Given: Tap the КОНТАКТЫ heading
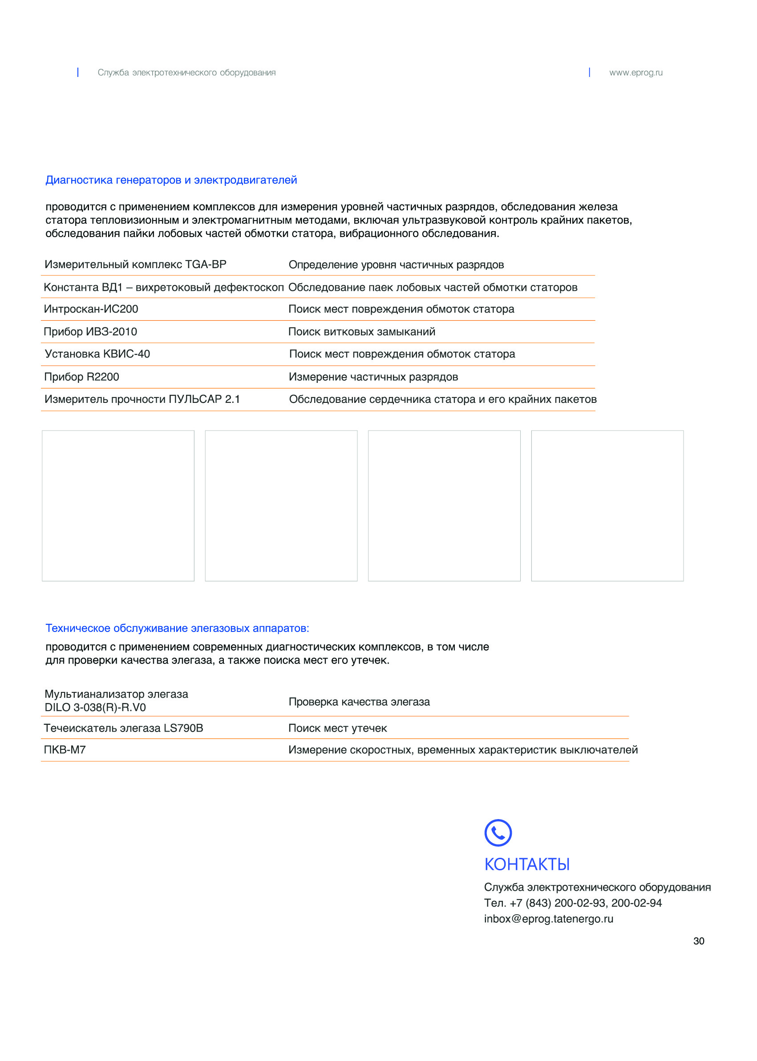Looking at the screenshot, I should coord(527,864).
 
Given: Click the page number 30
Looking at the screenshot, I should coord(698,941).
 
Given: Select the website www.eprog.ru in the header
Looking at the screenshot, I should coord(636,72).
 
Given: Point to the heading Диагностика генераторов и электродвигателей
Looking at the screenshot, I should coord(171,180).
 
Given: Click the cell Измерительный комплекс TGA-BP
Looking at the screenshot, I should coord(135,265).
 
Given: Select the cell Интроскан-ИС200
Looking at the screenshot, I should coord(91,309).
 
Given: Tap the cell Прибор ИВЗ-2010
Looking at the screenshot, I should coord(90,332).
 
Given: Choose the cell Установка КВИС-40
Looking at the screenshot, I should coord(97,354).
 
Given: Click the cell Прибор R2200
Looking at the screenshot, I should coord(81,377).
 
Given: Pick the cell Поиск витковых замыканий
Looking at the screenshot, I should coord(362,332).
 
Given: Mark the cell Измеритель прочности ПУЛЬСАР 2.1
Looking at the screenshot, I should coord(142,399).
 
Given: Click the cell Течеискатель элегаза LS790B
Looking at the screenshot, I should coord(124,728).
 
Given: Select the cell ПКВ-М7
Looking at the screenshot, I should coord(65,750).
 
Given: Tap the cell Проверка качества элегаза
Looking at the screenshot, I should coord(359,702).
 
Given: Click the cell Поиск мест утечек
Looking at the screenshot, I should coord(337,728).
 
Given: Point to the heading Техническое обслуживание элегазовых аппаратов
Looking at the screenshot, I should coord(177,628).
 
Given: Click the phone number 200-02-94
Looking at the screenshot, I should coord(636,903).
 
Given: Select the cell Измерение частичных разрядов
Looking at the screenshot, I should coord(373,377).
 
